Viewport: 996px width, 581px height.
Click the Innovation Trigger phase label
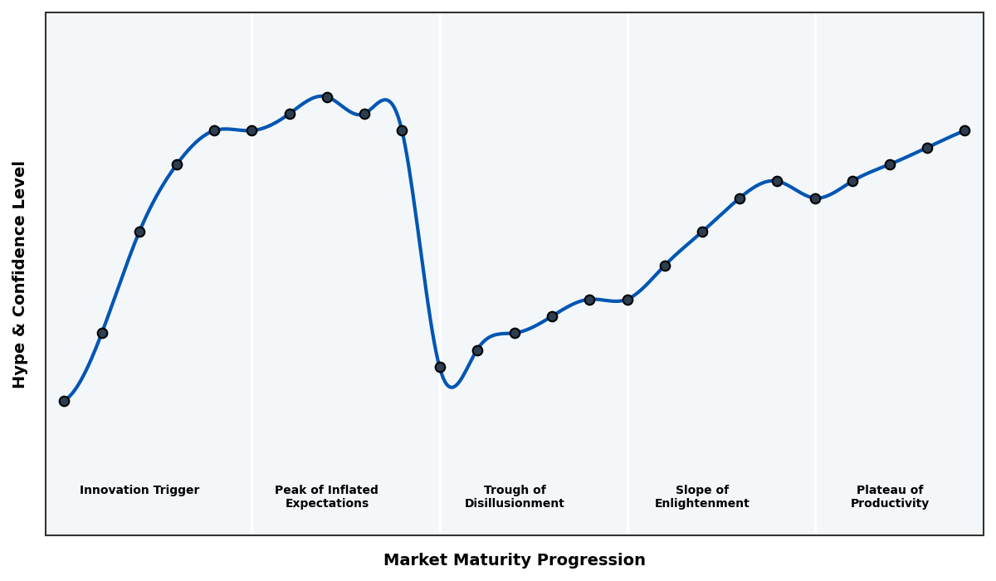click(x=139, y=491)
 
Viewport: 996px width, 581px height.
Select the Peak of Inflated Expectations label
click(x=326, y=496)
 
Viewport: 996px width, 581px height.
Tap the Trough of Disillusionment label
click(x=515, y=496)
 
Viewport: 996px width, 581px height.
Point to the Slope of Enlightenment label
click(x=701, y=496)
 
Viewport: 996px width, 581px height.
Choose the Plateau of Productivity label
click(x=889, y=496)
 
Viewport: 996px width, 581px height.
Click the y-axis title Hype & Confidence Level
click(x=20, y=274)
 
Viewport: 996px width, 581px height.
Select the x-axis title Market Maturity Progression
click(x=514, y=560)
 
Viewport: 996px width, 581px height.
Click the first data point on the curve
click(x=64, y=401)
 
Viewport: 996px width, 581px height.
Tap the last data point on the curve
click(x=964, y=130)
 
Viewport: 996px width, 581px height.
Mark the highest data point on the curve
click(x=327, y=97)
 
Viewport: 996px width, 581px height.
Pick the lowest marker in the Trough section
click(x=440, y=367)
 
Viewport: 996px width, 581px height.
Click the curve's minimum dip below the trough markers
click(x=452, y=387)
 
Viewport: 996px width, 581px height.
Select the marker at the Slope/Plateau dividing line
click(x=815, y=198)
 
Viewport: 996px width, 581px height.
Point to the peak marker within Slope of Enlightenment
click(x=777, y=181)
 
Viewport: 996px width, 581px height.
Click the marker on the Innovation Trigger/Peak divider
click(x=251, y=130)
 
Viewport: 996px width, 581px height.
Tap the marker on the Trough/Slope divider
click(x=627, y=300)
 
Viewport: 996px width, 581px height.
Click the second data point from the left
click(x=102, y=333)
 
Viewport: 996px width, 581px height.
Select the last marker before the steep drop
click(x=402, y=130)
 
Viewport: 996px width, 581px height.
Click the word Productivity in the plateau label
click(x=889, y=504)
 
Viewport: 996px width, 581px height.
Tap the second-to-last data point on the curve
click(x=927, y=148)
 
